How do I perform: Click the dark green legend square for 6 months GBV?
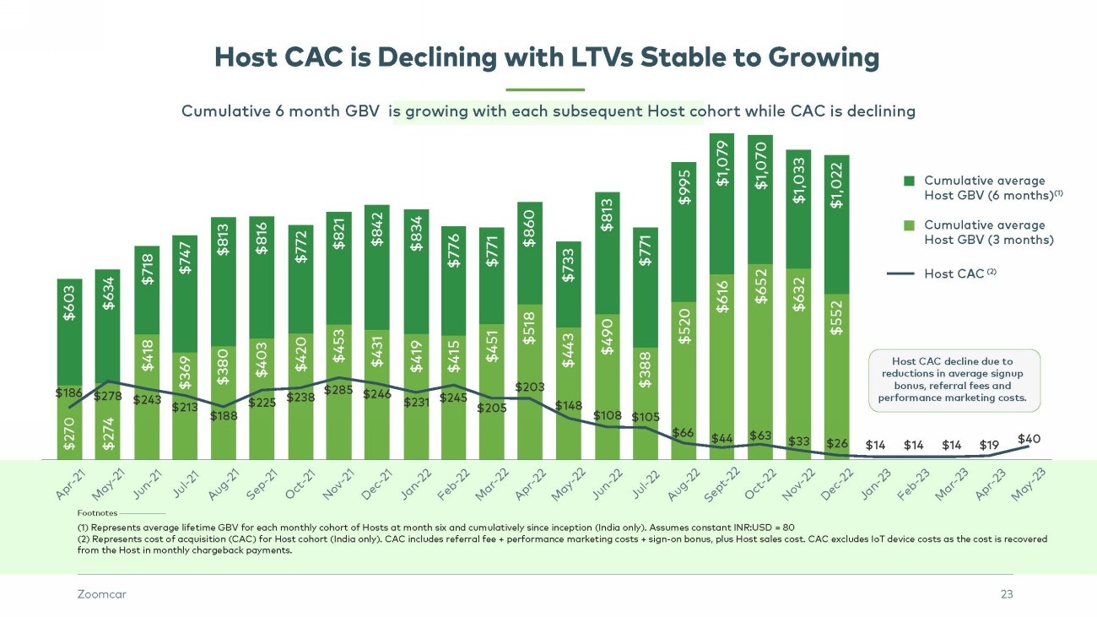click(x=909, y=181)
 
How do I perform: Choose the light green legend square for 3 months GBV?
click(x=909, y=225)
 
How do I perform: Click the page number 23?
click(x=1006, y=594)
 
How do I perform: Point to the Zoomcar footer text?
click(x=96, y=594)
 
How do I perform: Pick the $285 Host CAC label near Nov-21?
click(x=338, y=391)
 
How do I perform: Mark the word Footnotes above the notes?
click(x=97, y=512)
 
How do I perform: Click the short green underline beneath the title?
click(x=544, y=89)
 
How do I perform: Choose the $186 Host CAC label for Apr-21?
click(x=68, y=393)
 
